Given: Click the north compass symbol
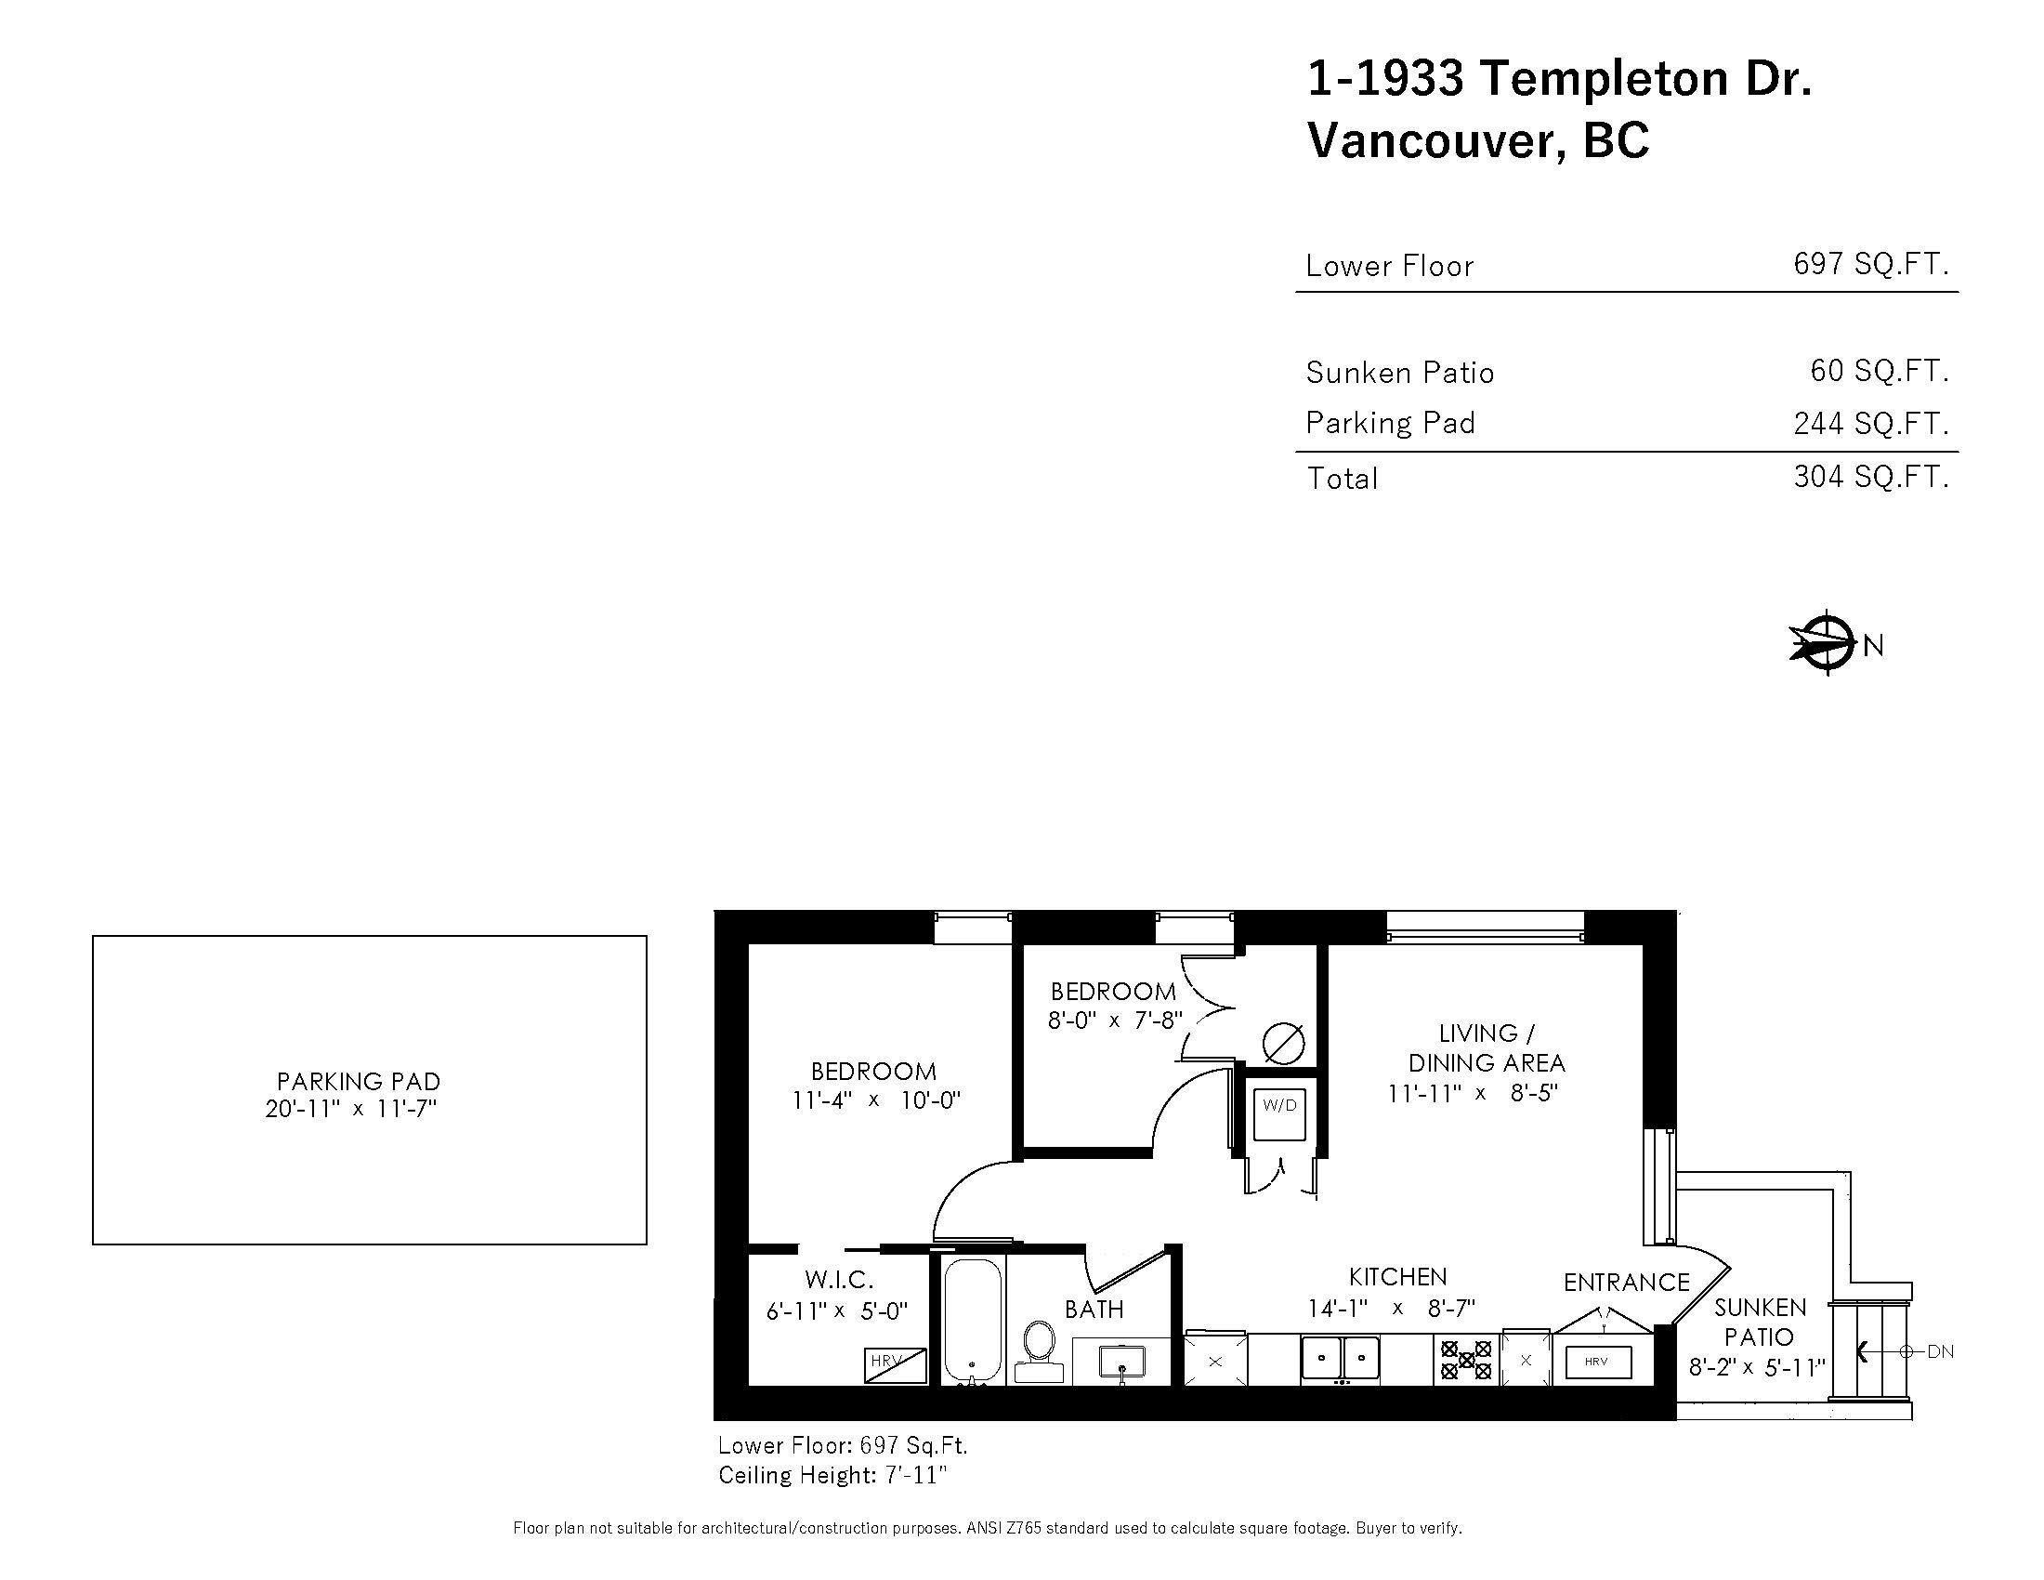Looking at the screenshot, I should pos(1826,642).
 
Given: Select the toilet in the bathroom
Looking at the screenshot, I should pos(1039,1348).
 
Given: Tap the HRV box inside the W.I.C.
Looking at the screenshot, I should pos(895,1364).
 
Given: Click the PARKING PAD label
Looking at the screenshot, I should pos(359,1081).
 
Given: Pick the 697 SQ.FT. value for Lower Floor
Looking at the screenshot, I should pos(1870,265).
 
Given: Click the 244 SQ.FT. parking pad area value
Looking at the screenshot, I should pos(1870,424).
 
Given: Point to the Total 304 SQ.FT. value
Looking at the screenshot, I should pos(1870,478).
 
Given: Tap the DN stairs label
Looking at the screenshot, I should pos(1939,1351).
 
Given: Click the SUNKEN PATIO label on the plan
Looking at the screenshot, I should pos(1760,1322).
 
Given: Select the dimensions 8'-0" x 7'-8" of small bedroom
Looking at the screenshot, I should pos(1115,1020).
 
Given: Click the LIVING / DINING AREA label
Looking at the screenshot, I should pos(1487,1047).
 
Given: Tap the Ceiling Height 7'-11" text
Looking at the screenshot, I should pos(832,1475).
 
